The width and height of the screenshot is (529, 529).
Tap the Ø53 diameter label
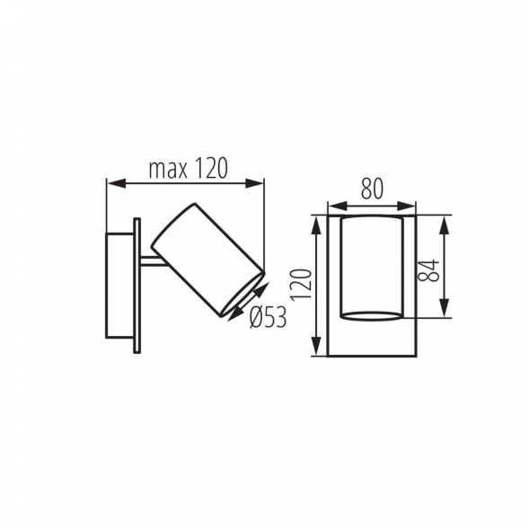[x=268, y=316]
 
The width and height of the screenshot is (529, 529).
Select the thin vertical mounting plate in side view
[x=137, y=285]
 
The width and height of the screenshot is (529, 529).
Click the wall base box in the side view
[x=119, y=285]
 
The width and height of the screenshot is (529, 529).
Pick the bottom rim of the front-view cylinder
[x=371, y=314]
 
